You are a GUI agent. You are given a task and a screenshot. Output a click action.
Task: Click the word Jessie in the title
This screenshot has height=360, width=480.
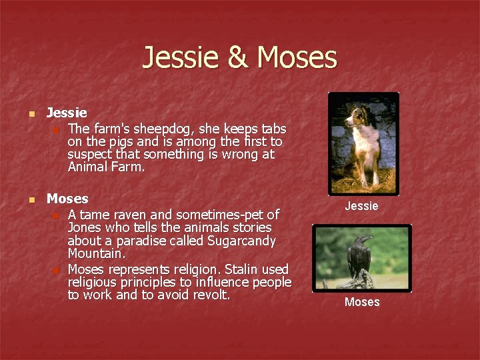click(x=182, y=57)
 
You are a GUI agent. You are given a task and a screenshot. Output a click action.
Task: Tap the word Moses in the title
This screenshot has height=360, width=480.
click(x=297, y=57)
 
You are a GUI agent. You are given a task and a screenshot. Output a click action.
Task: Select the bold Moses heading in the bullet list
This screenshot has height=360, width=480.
click(x=67, y=199)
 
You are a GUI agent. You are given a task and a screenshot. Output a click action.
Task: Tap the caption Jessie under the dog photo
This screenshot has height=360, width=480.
click(x=361, y=206)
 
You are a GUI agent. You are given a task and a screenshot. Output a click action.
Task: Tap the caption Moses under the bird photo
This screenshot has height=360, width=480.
click(x=362, y=302)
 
